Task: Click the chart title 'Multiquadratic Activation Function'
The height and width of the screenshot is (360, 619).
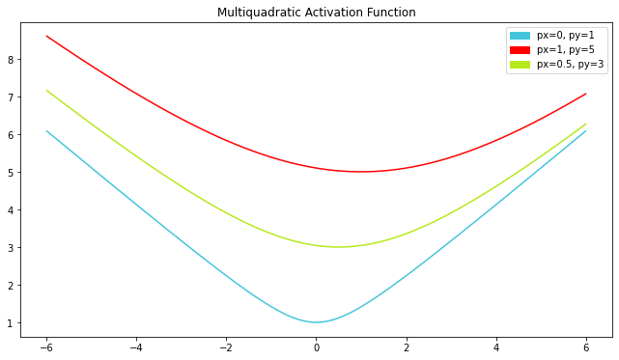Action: pyautogui.click(x=317, y=13)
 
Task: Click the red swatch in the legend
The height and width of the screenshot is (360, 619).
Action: pyautogui.click(x=520, y=50)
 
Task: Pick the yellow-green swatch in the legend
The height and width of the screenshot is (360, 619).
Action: pyautogui.click(x=520, y=65)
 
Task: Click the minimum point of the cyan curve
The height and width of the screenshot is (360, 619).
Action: pyautogui.click(x=316, y=322)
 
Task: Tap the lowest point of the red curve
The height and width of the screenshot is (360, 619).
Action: pyautogui.click(x=361, y=172)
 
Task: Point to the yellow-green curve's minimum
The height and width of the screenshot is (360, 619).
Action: pyautogui.click(x=338, y=247)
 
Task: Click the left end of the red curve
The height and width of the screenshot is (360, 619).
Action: pyautogui.click(x=46, y=36)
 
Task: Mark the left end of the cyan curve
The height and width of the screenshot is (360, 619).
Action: pyautogui.click(x=46, y=130)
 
